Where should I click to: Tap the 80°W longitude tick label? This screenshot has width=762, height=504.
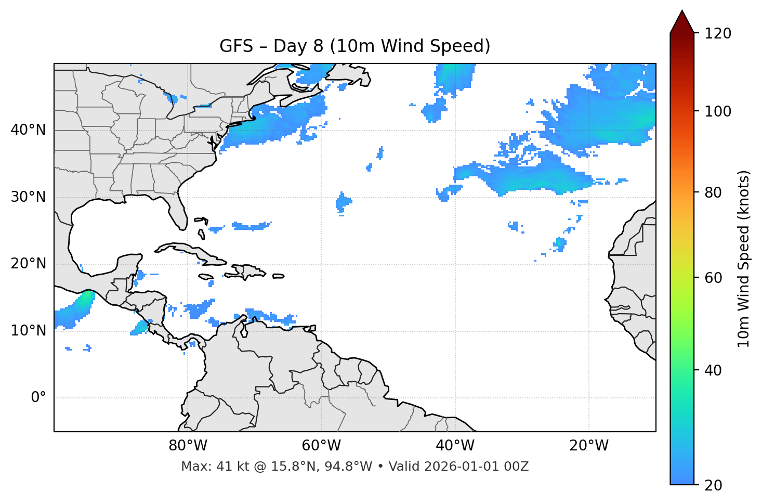click(x=188, y=446)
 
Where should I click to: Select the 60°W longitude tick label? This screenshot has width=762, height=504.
click(x=321, y=446)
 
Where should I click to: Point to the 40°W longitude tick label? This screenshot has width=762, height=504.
click(x=455, y=446)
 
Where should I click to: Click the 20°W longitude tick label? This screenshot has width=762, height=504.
click(x=589, y=446)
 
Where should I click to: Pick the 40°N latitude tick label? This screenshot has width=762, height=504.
click(x=28, y=130)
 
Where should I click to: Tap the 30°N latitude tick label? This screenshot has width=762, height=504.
click(x=28, y=197)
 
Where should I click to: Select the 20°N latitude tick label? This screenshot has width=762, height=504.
click(x=28, y=264)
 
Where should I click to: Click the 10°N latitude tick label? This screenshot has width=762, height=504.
click(x=28, y=331)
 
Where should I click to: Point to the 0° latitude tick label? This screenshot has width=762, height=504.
click(x=38, y=398)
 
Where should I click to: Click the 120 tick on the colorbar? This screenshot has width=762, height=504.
click(x=718, y=33)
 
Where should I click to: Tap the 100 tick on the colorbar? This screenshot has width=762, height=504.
click(x=718, y=111)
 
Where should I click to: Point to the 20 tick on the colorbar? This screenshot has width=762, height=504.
click(x=714, y=485)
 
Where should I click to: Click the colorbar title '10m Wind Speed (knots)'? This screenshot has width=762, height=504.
click(x=744, y=259)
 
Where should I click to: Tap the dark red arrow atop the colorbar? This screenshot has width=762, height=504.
click(x=682, y=22)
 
